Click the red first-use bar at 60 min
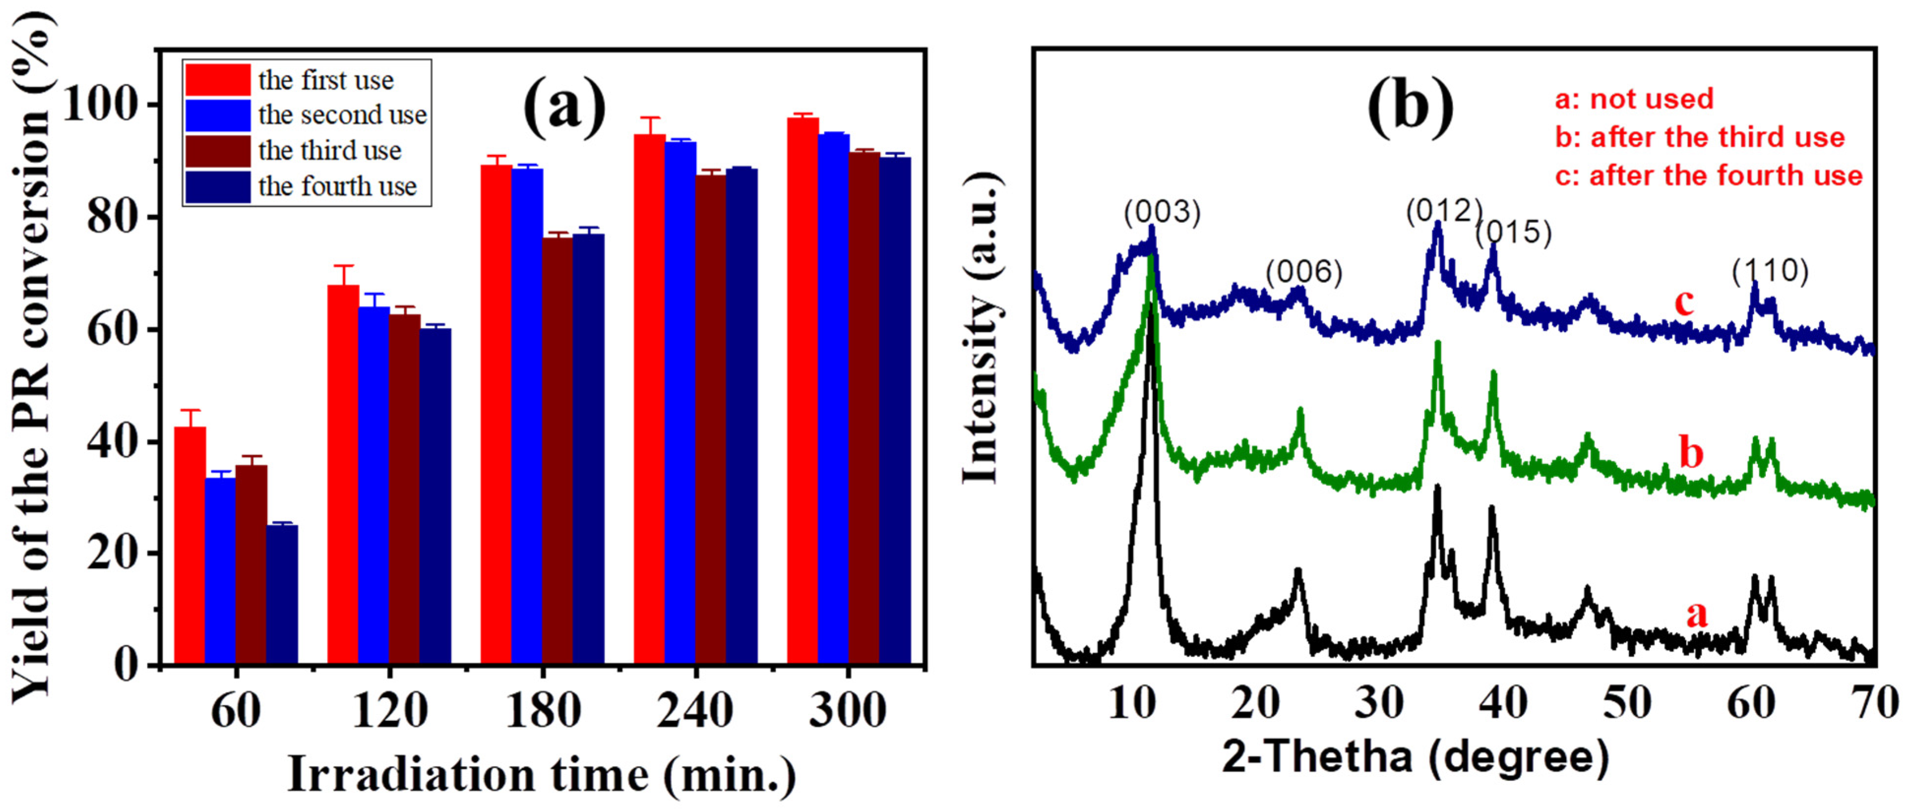pos(189,545)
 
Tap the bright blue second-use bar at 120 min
pos(374,485)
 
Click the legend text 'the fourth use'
pos(337,187)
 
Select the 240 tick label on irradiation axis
pos(695,711)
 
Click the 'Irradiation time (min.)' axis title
pos(541,776)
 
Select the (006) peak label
pos(1303,273)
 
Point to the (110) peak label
pos(1770,272)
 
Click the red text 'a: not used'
pos(1634,98)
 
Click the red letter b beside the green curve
pos(1691,453)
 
